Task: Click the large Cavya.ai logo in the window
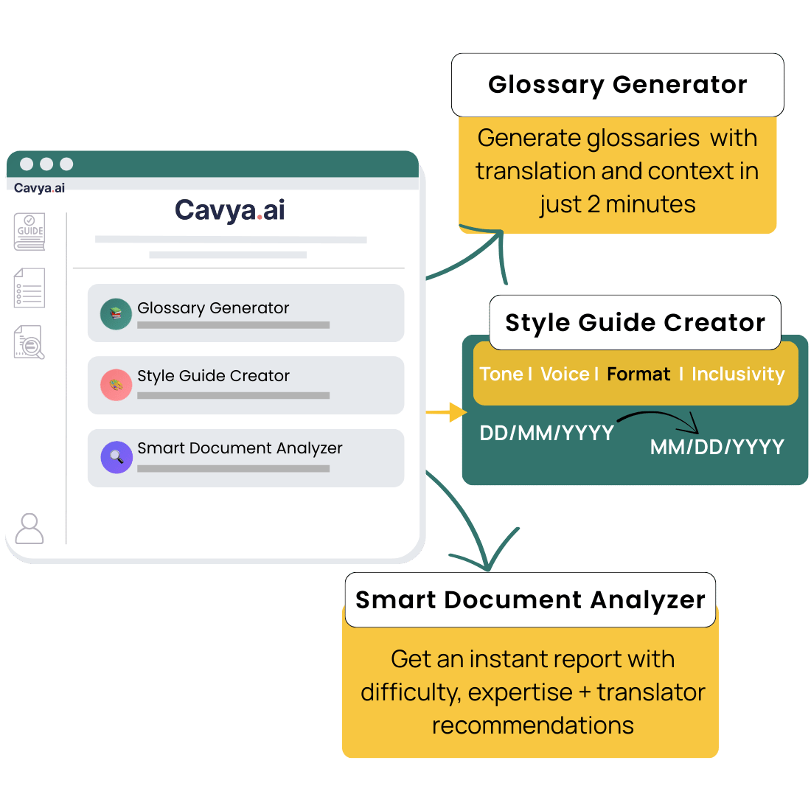(x=230, y=210)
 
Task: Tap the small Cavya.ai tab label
(x=39, y=188)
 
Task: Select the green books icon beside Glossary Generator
(x=116, y=313)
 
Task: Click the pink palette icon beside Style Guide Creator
(x=116, y=385)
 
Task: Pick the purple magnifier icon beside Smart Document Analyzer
(x=116, y=457)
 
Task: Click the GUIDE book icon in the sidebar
(x=30, y=232)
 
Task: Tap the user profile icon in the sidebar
(x=29, y=528)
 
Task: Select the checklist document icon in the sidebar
(x=29, y=288)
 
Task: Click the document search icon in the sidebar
(x=29, y=343)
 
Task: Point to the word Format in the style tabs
(x=638, y=375)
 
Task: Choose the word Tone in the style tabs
(x=501, y=375)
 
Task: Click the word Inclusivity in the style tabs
(x=738, y=375)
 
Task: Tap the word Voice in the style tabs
(x=565, y=375)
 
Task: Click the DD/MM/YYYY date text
(x=546, y=434)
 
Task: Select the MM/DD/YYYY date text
(x=717, y=447)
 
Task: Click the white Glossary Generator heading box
(x=617, y=85)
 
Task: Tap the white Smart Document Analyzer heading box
(x=530, y=600)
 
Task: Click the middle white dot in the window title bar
(x=46, y=164)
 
